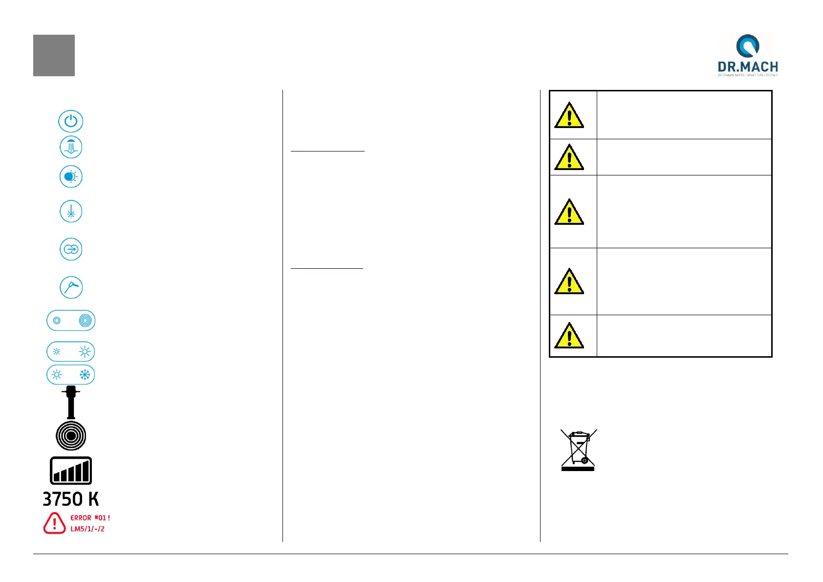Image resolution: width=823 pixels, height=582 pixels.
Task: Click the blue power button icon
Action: (x=71, y=121)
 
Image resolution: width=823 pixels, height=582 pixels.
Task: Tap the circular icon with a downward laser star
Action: (x=71, y=212)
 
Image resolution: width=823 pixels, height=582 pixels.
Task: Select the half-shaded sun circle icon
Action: (x=71, y=177)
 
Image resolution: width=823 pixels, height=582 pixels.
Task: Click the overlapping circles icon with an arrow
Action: (x=71, y=249)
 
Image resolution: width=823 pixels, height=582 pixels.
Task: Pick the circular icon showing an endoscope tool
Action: (x=71, y=287)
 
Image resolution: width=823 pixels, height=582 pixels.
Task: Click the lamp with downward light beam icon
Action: (x=71, y=147)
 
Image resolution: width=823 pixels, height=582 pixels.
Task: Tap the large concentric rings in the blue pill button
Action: (x=85, y=321)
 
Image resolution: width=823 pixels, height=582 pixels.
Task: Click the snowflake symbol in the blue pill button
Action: (x=85, y=375)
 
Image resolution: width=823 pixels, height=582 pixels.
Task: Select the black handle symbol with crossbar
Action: (x=71, y=402)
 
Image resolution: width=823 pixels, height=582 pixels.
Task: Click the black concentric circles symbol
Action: (x=71, y=436)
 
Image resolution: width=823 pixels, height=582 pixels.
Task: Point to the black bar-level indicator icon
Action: (x=71, y=471)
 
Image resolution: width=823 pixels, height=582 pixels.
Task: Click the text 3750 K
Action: (x=71, y=499)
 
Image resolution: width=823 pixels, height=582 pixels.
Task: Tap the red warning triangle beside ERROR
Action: (x=54, y=523)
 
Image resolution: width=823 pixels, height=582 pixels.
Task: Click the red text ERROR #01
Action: (x=90, y=517)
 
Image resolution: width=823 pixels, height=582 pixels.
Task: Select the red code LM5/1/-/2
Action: (x=87, y=529)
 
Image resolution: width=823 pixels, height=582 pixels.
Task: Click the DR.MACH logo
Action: (x=747, y=55)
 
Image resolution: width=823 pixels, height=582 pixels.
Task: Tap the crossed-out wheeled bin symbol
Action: (x=578, y=450)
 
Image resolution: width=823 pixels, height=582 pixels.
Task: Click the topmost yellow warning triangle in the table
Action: (x=569, y=115)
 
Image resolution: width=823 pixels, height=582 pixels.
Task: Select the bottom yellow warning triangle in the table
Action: (x=569, y=336)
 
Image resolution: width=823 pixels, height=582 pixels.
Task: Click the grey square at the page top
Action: (x=54, y=55)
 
